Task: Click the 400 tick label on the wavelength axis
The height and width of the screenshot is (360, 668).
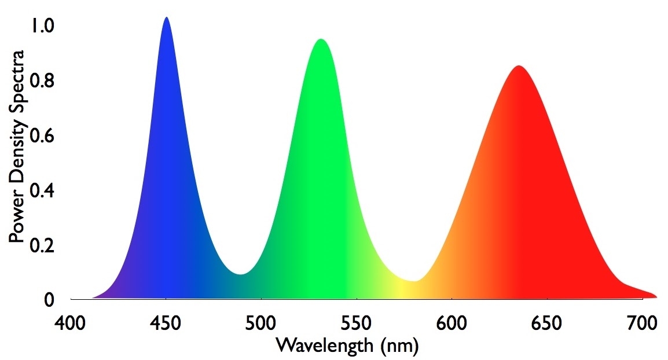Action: coord(71,322)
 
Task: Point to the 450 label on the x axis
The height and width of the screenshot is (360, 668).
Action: coord(166,322)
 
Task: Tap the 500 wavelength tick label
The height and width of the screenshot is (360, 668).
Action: coord(262,322)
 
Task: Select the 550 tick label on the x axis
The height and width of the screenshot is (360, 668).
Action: coord(357,322)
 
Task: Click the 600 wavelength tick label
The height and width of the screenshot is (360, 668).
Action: coord(452,322)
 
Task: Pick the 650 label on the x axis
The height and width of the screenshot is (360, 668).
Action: coord(548,322)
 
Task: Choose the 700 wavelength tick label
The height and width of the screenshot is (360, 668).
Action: coord(643,322)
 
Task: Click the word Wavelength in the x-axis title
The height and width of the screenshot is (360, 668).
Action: coord(325,346)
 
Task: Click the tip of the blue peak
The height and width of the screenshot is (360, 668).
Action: coord(167,17)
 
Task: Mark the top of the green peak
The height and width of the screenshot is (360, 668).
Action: coord(320,39)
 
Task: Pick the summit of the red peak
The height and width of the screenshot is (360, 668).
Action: coord(519,66)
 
